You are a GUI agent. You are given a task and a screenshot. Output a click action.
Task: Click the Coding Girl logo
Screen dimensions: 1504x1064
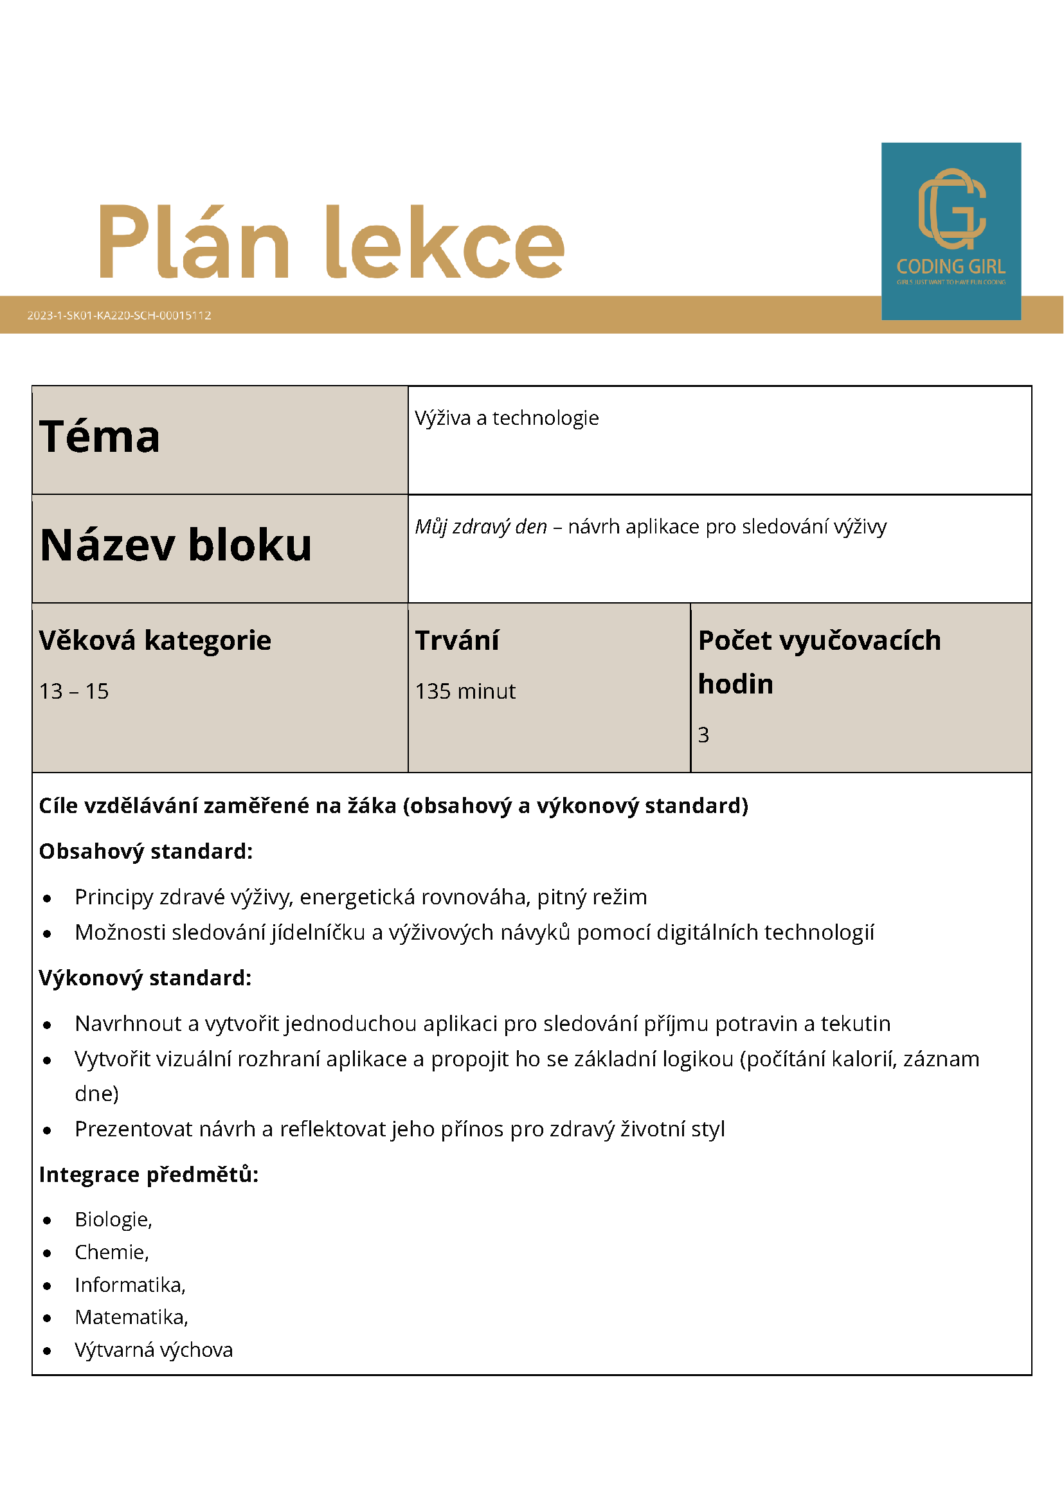coord(951,231)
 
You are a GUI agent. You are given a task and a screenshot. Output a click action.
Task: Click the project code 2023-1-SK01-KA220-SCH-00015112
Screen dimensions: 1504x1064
coord(118,315)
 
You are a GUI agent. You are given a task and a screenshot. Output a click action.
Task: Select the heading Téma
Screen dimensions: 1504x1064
coord(100,436)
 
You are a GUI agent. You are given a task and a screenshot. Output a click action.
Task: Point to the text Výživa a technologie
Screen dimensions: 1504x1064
coord(507,418)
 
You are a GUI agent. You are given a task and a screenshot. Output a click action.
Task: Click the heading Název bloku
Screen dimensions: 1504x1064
coord(176,545)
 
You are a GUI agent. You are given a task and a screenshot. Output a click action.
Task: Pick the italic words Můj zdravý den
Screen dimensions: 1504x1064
coord(480,526)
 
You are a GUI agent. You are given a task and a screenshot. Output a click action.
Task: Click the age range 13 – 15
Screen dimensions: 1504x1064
coord(74,691)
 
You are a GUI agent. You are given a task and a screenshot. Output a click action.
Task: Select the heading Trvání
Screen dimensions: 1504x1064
coord(456,640)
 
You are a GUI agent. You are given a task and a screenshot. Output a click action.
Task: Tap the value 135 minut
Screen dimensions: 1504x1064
coord(465,691)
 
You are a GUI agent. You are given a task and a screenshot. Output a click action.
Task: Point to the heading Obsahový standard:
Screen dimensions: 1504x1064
coord(145,851)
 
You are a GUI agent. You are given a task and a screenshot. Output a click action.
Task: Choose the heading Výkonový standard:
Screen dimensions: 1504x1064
coord(145,978)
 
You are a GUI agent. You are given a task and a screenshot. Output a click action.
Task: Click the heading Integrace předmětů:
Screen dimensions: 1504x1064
coord(149,1174)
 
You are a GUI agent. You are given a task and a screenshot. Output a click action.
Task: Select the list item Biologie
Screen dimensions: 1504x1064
coord(113,1219)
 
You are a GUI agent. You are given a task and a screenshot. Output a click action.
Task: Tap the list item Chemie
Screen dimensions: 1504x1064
coord(111,1252)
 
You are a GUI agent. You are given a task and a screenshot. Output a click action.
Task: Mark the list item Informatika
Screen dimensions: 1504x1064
coord(130,1285)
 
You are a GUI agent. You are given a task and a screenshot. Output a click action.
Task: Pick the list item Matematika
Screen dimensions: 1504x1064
coord(131,1317)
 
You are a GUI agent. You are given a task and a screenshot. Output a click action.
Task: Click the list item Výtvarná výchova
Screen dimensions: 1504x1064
coord(153,1349)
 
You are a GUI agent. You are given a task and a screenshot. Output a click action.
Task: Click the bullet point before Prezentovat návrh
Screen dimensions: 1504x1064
coord(47,1130)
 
